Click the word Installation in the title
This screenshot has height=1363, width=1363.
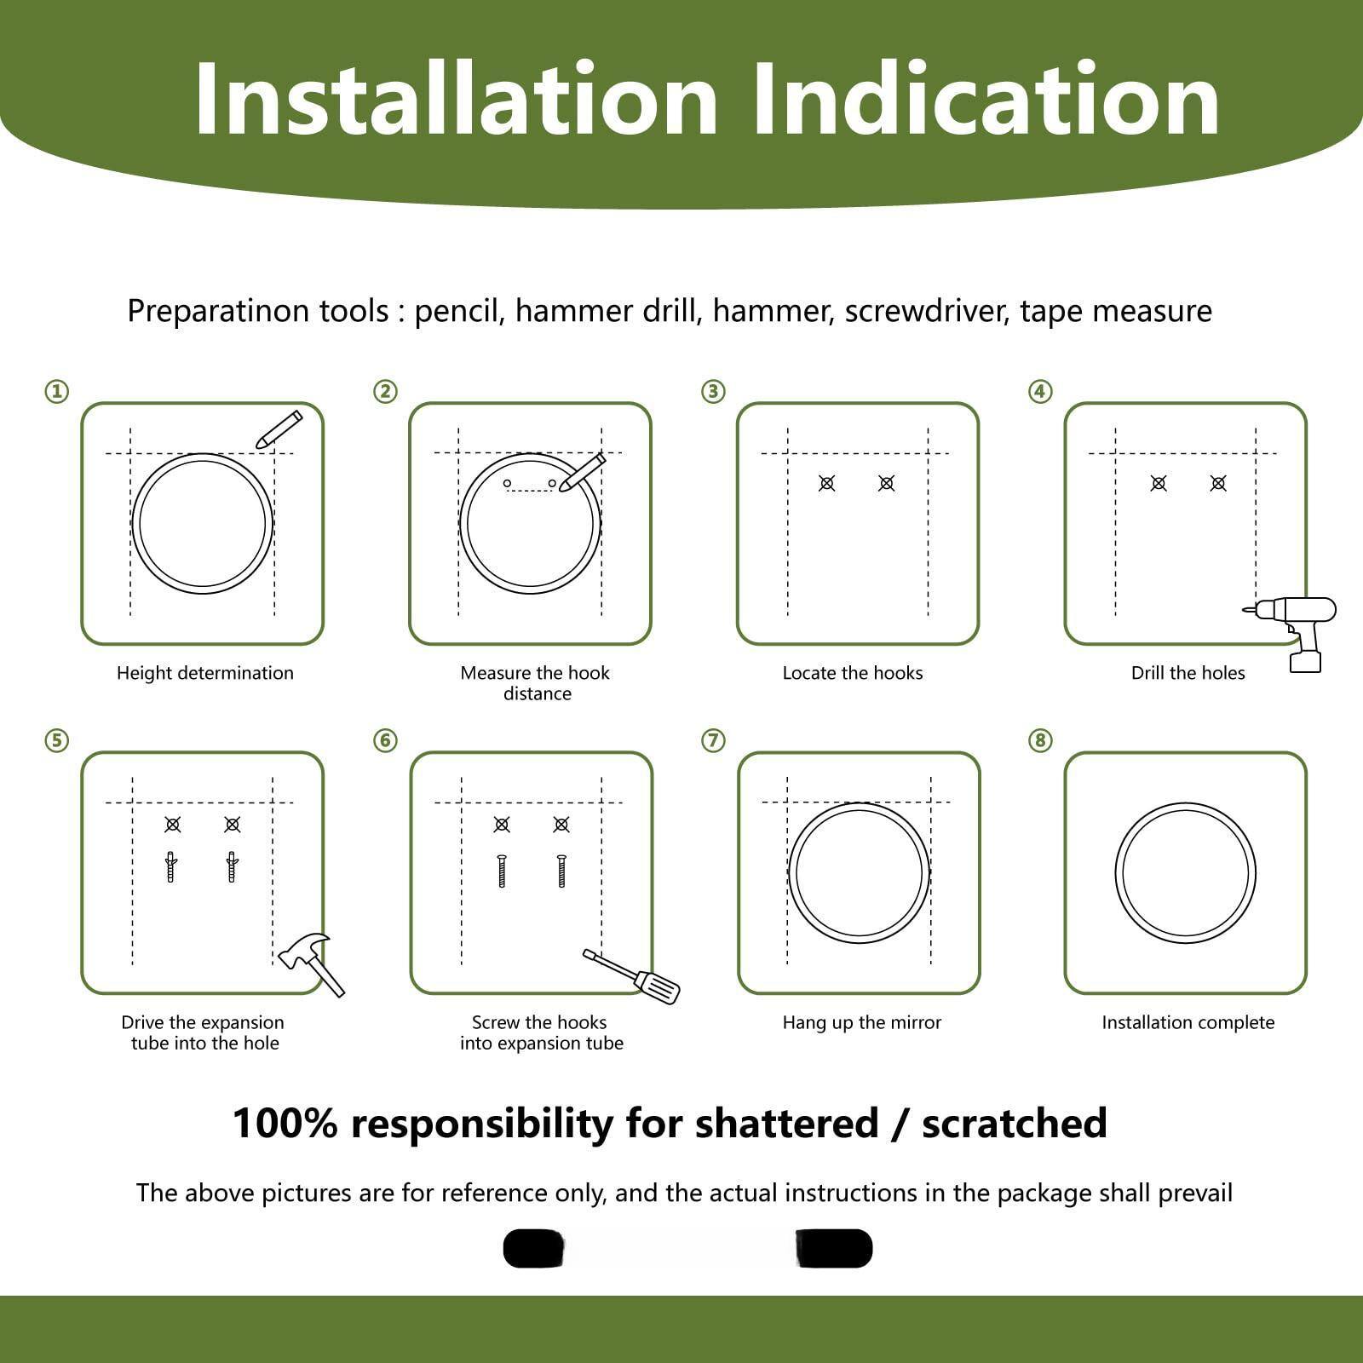point(456,100)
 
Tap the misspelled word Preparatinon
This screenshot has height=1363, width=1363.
point(258,311)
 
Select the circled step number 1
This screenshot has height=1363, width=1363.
point(57,392)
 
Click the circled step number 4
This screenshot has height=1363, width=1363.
point(1040,392)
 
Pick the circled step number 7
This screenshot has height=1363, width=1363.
point(713,741)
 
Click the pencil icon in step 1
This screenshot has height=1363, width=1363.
point(279,430)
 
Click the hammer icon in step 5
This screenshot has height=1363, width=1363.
point(311,963)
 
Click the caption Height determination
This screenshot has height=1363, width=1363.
point(205,673)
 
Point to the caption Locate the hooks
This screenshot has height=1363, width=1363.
point(853,673)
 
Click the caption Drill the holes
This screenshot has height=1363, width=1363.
point(1188,673)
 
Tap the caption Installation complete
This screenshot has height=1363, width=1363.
point(1188,1022)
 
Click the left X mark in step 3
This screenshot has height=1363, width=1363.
point(826,483)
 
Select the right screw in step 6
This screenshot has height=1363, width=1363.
point(561,871)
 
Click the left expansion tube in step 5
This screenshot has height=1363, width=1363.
point(171,867)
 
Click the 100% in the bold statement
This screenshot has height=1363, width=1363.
point(285,1124)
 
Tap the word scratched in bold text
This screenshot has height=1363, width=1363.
point(1014,1124)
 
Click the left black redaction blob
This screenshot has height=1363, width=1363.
point(534,1249)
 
